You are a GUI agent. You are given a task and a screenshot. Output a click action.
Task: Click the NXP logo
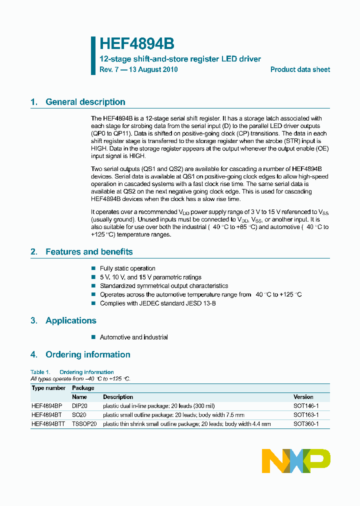tap(296, 460)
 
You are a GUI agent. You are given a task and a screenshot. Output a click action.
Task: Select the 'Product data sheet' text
tap(300, 70)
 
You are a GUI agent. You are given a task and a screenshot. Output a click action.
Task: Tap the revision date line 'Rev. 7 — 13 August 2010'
tap(138, 70)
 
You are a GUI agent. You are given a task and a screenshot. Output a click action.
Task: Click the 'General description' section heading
tap(85, 102)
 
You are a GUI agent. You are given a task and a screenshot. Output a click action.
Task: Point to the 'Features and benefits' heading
tap(89, 252)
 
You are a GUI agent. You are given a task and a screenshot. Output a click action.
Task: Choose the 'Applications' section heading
tap(70, 320)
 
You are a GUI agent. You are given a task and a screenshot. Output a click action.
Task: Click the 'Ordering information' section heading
tap(87, 354)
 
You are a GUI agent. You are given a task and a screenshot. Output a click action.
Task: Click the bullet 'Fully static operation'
tap(127, 268)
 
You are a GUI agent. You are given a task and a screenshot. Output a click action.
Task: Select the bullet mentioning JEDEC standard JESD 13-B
tap(157, 303)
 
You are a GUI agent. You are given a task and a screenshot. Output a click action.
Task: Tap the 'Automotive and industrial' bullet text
tap(133, 337)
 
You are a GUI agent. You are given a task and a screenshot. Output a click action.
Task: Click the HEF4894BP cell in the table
tap(47, 406)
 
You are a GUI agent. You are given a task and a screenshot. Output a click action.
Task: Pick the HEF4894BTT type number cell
tap(48, 424)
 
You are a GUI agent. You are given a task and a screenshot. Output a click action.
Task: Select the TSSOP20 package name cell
tap(84, 424)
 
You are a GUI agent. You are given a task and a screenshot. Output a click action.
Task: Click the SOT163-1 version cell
tap(305, 415)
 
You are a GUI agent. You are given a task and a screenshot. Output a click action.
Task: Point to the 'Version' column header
tap(303, 397)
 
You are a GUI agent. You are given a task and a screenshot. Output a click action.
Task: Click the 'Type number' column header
tap(48, 388)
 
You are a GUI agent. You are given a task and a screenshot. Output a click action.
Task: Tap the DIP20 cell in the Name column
tap(80, 406)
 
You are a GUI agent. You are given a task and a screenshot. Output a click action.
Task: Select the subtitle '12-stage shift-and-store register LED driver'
tap(180, 59)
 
